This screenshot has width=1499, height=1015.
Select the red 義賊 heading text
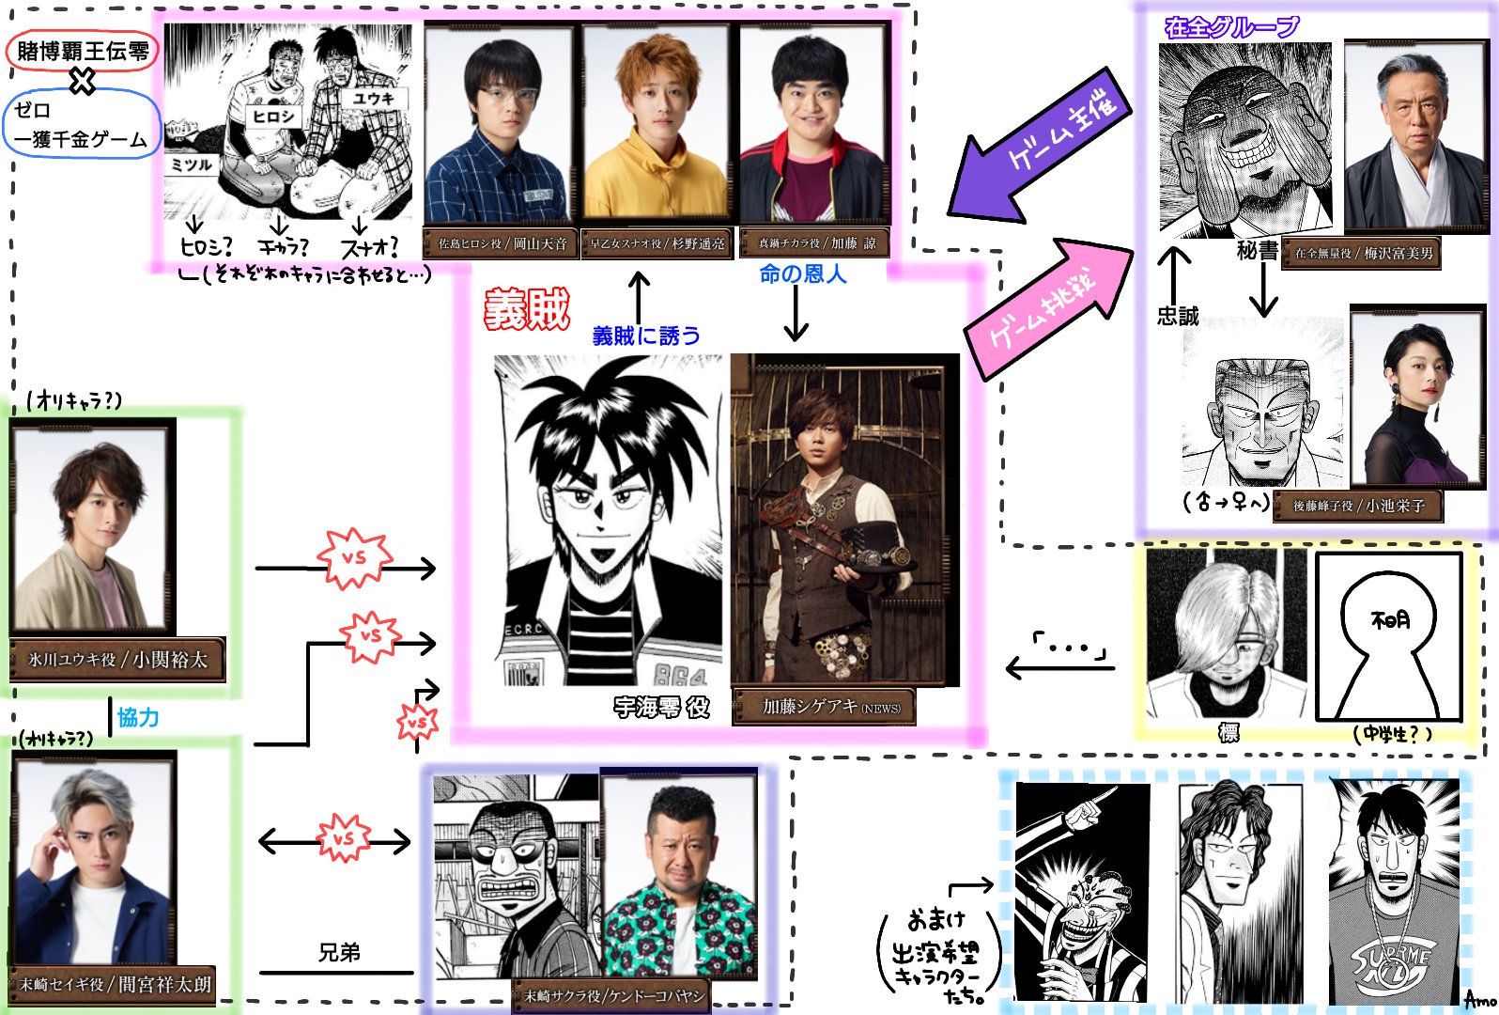(527, 309)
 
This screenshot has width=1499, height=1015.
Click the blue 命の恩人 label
(802, 274)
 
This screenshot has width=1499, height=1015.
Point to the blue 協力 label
(138, 718)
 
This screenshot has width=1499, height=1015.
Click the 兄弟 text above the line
(339, 953)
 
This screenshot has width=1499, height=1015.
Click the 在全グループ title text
(1231, 26)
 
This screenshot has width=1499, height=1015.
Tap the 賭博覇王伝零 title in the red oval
(83, 51)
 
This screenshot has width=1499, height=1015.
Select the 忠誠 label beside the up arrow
(1178, 317)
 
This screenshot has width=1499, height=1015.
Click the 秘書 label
(1258, 251)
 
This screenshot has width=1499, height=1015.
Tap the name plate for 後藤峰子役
(1358, 506)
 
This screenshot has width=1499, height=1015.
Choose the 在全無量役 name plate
(1364, 254)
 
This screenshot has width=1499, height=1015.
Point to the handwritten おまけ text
(935, 918)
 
